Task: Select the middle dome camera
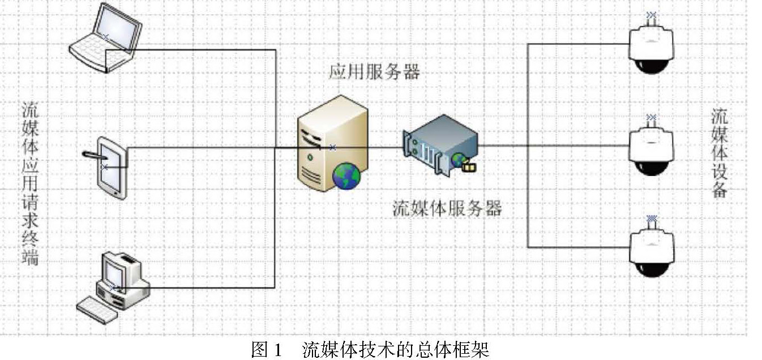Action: pos(652,149)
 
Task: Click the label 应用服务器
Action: pos(374,72)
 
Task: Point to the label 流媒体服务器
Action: pos(447,209)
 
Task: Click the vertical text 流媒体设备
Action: pos(720,152)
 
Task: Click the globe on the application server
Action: pos(346,175)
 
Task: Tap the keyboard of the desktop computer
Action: pos(97,310)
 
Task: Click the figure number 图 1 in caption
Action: pos(267,350)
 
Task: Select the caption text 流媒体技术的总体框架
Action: pos(396,350)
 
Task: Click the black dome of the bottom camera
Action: pos(652,266)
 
